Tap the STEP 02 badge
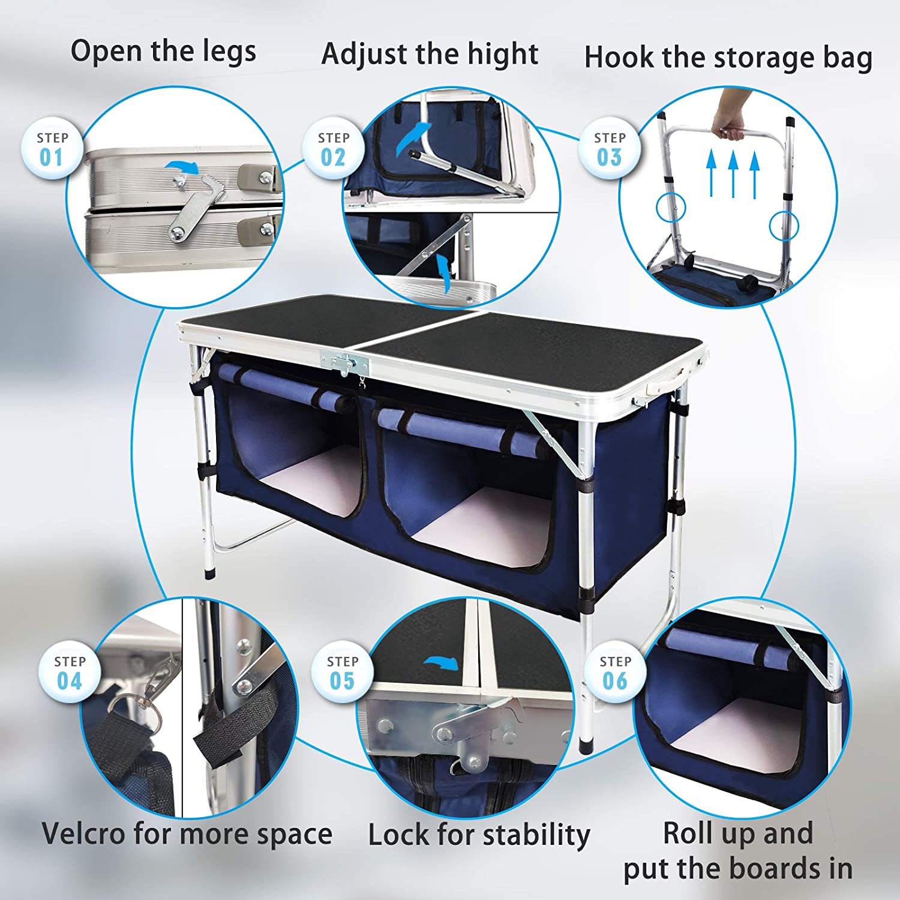(334, 149)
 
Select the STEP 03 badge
(610, 149)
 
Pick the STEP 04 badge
(70, 673)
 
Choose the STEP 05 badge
(343, 673)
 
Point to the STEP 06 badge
(616, 673)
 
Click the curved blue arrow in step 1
(182, 168)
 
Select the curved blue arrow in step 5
(441, 663)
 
